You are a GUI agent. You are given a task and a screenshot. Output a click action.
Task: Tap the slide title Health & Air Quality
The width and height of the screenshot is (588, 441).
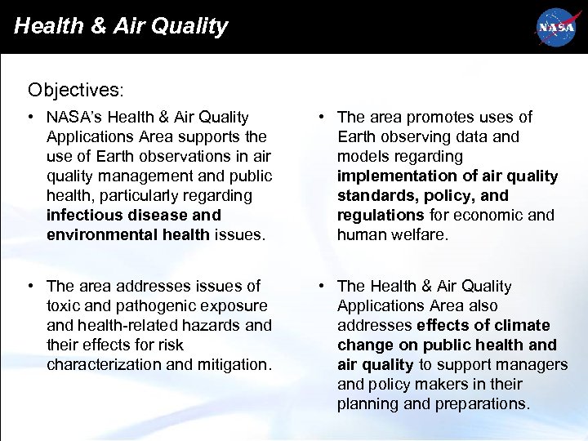[121, 26]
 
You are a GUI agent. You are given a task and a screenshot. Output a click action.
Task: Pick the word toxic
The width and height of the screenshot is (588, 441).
[65, 305]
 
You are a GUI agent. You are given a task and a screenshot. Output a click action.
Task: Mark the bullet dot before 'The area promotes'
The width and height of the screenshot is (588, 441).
[323, 118]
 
